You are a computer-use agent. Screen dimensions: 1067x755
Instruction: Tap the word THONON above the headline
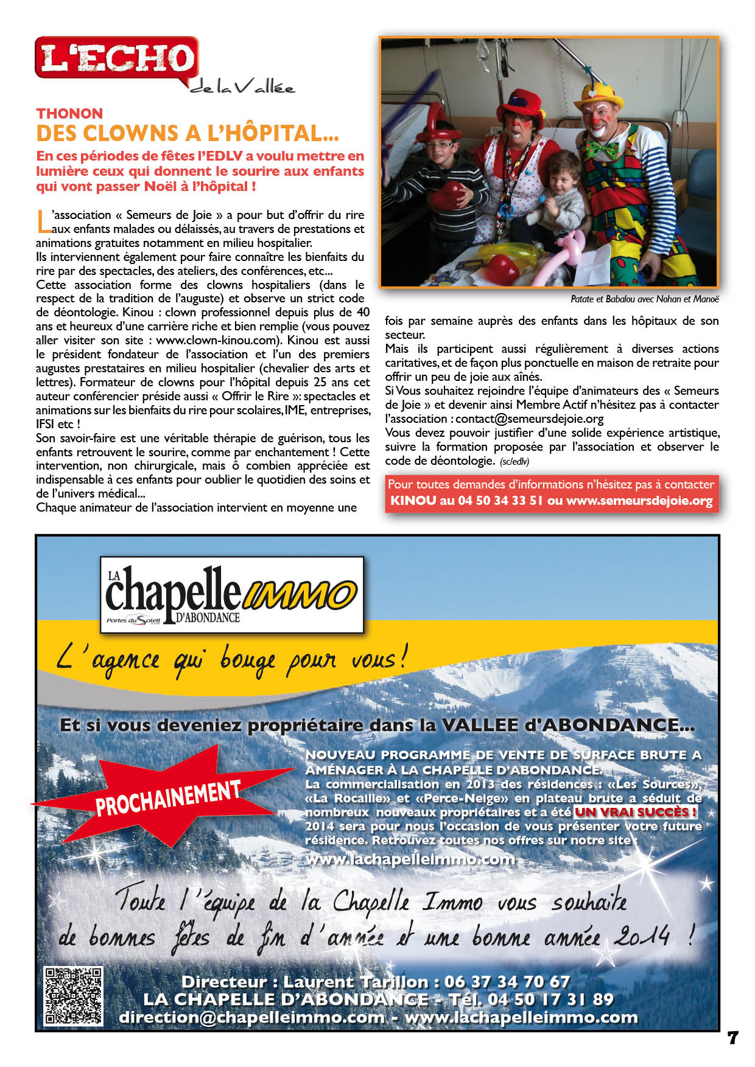click(x=69, y=114)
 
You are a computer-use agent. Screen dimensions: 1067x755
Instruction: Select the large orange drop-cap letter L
click(x=43, y=221)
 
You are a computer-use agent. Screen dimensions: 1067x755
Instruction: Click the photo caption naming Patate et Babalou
click(x=644, y=299)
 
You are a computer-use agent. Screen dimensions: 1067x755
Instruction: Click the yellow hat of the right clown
click(x=601, y=94)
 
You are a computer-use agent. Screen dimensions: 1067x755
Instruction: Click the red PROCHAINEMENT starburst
click(x=168, y=797)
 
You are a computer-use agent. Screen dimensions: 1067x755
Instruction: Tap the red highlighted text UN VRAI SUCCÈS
click(x=636, y=812)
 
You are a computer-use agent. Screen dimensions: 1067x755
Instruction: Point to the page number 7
click(x=732, y=1038)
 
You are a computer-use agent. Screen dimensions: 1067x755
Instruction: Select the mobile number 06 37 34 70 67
click(x=507, y=982)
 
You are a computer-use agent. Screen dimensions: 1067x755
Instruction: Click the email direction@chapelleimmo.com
click(x=252, y=1017)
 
